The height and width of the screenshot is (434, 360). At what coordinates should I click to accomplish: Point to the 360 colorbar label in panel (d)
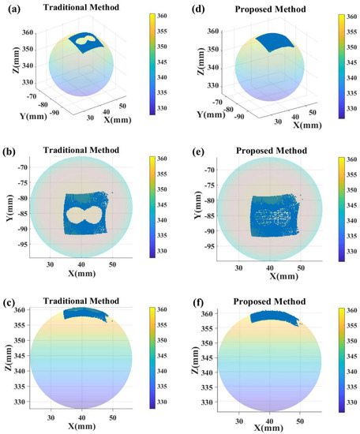[x=347, y=17]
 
